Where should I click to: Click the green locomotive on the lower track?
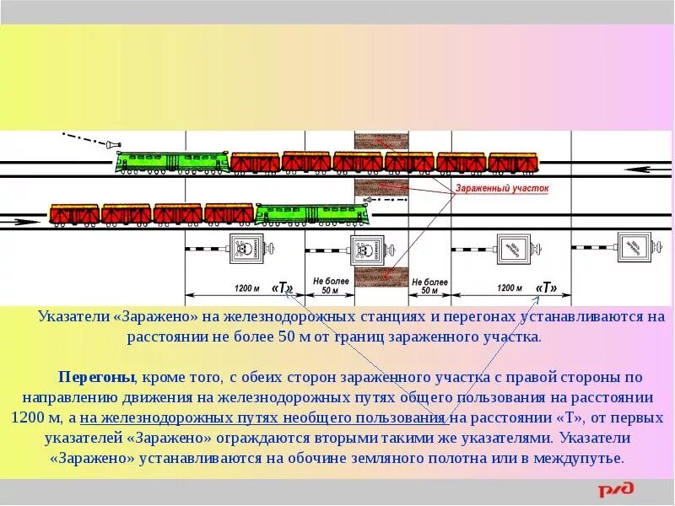(310, 213)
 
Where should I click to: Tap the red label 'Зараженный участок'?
(502, 189)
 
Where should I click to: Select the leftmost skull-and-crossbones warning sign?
(243, 249)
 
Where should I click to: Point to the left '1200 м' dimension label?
(248, 288)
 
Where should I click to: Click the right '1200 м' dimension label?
(510, 288)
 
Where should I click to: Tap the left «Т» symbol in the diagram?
(283, 288)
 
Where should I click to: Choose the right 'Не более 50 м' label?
(429, 286)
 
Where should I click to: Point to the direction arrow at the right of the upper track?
(651, 170)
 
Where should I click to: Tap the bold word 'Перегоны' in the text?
(93, 376)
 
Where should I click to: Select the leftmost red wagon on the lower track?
(75, 214)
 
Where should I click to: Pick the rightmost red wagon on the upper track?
(513, 161)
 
